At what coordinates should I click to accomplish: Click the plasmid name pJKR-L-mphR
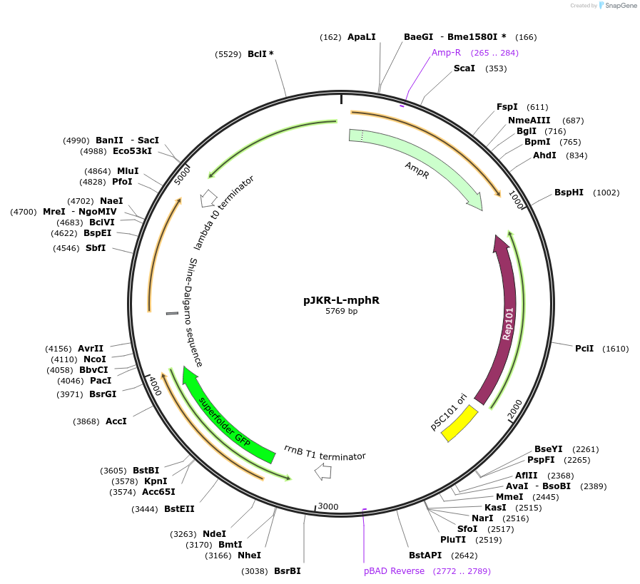[341, 300]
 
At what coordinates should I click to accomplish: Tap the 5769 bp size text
[341, 312]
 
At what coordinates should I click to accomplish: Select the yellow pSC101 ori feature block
[459, 423]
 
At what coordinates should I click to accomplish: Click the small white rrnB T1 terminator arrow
[324, 471]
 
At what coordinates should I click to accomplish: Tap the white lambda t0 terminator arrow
[209, 198]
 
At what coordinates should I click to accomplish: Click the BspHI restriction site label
[569, 193]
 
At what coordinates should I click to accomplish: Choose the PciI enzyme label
[584, 348]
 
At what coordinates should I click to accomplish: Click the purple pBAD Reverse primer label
[394, 571]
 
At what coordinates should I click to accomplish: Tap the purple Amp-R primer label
[447, 52]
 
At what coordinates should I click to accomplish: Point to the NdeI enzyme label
[214, 533]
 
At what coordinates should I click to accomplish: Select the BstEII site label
[179, 508]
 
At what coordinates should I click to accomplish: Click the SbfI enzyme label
[96, 247]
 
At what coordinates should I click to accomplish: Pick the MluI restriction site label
[128, 170]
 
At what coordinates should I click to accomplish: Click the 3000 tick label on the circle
[328, 506]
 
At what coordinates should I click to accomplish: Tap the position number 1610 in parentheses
[616, 349]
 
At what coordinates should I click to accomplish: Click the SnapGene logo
[619, 5]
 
